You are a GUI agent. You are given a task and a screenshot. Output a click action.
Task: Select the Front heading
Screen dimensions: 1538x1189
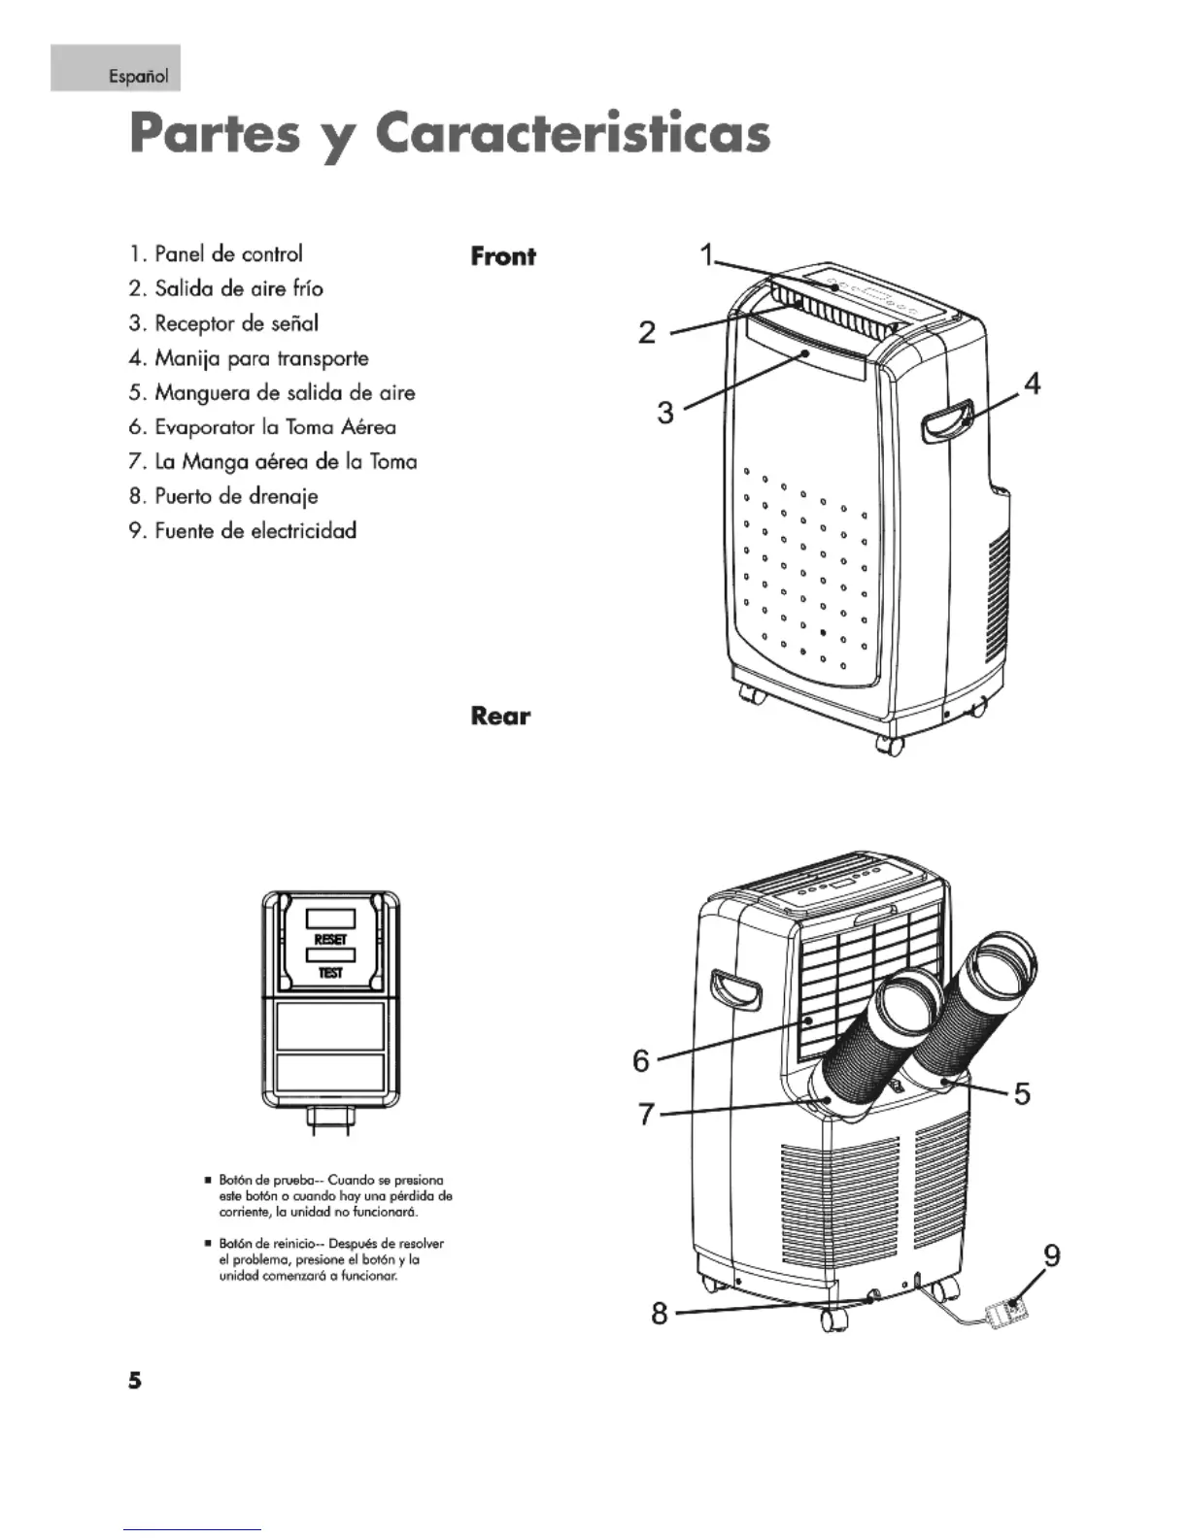tap(502, 256)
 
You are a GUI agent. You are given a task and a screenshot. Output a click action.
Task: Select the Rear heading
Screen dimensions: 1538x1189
tap(500, 716)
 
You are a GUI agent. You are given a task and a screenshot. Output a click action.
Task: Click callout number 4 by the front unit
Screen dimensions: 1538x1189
tap(1032, 384)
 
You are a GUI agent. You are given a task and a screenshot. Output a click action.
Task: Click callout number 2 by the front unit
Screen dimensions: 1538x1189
tap(647, 333)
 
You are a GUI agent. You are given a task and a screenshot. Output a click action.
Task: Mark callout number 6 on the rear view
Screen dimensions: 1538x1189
tap(641, 1060)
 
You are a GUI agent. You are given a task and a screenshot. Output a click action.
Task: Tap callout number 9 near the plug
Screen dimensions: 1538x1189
tap(1050, 1256)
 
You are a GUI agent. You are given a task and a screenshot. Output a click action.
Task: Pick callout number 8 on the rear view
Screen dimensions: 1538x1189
tap(660, 1314)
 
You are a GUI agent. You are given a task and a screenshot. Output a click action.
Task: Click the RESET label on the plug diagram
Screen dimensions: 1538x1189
tap(330, 940)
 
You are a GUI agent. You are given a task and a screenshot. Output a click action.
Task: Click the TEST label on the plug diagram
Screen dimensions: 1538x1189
tap(330, 972)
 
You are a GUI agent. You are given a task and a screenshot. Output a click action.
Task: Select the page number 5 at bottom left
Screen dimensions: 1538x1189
tap(134, 1380)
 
